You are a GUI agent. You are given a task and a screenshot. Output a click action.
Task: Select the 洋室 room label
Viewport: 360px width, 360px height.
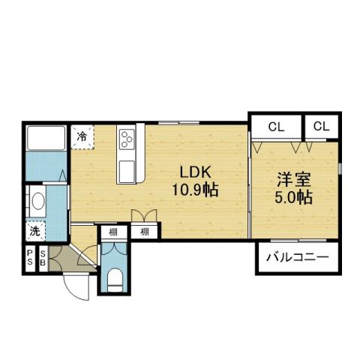pos(294,180)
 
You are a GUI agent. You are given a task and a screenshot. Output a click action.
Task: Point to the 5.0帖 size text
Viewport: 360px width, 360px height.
pos(294,199)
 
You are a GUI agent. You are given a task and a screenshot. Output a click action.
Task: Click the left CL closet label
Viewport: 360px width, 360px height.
pos(275,127)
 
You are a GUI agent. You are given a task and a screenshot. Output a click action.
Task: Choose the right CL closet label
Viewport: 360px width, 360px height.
pos(322,127)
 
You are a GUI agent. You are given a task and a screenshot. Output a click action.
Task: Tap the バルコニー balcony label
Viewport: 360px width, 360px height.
pos(297,258)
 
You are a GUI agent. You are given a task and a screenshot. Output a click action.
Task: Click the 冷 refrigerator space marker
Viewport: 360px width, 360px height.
pos(82,137)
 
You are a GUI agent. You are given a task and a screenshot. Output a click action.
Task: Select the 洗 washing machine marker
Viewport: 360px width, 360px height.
pos(34,232)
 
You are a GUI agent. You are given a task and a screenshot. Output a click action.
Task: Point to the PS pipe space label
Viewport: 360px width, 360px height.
pos(30,258)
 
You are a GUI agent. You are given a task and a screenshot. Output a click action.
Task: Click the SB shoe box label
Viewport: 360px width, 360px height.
pos(43,258)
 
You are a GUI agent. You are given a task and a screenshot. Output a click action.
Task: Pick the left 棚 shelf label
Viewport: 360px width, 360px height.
pos(112,232)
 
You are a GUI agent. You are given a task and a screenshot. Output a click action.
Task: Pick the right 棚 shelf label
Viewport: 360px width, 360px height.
pos(143,232)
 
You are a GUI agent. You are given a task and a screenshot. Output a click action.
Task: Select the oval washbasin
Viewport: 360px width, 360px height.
pos(35,202)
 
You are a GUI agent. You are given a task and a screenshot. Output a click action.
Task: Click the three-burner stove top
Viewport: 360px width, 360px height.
pos(127,139)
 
